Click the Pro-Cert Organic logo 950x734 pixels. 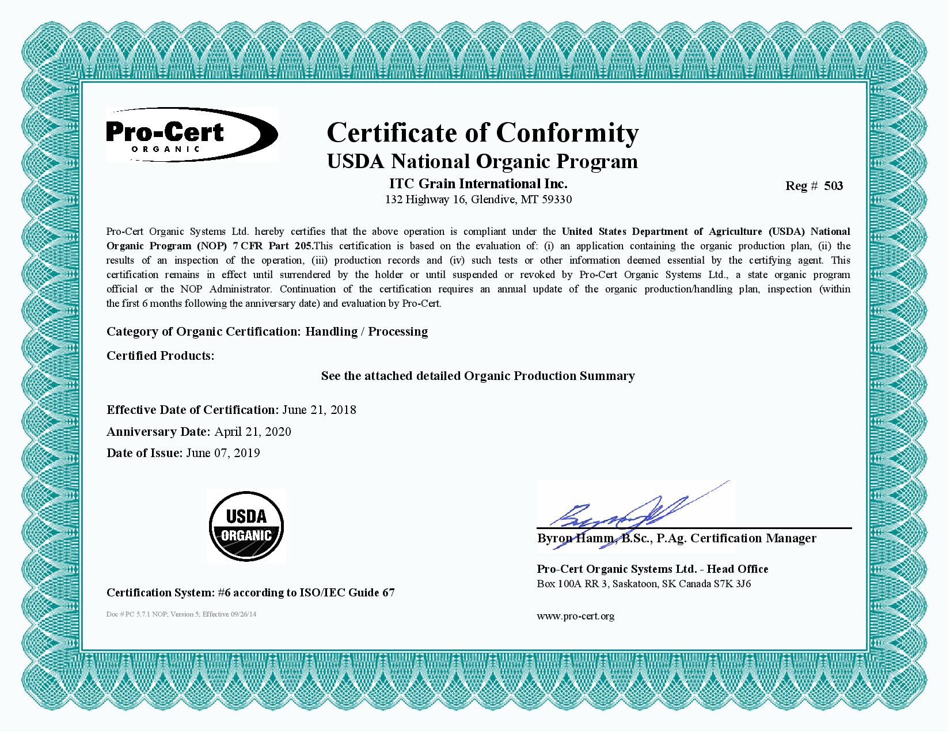[x=192, y=135]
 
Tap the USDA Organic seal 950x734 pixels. [x=246, y=526]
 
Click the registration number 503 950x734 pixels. [x=833, y=186]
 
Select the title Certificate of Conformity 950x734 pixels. [x=482, y=132]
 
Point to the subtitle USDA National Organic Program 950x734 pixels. [x=482, y=161]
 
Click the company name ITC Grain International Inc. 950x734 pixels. [x=478, y=184]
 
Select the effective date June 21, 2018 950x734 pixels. [x=319, y=410]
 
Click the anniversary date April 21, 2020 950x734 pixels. [x=253, y=432]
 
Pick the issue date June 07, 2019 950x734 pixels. [x=223, y=453]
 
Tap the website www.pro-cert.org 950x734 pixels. [x=575, y=616]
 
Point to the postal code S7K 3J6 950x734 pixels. [x=732, y=584]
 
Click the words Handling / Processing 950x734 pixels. [x=366, y=332]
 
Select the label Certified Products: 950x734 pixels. [x=160, y=356]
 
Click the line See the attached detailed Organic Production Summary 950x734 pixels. [x=478, y=376]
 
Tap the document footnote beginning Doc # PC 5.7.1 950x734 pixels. [x=181, y=614]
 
